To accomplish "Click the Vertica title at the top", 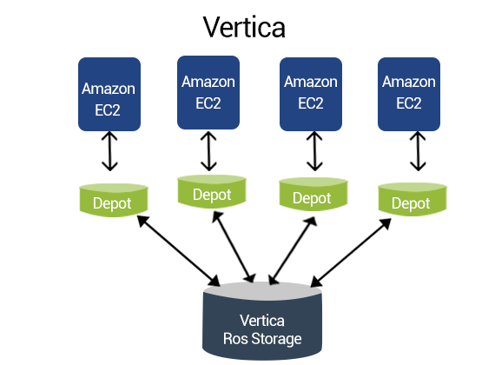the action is tap(244, 27).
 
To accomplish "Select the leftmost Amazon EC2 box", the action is tap(109, 94).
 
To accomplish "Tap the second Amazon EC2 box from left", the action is tap(208, 93).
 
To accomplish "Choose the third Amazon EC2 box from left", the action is tap(311, 94).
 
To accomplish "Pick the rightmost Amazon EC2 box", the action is tap(409, 94).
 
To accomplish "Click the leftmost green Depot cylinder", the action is tap(114, 200).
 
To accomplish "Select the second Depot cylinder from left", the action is tap(212, 192).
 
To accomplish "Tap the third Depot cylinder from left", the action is tap(313, 194).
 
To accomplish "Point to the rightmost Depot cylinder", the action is tap(412, 199).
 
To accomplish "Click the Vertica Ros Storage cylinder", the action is tap(262, 321).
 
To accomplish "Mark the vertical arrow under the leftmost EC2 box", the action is tap(109, 151).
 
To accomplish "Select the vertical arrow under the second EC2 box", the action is tap(208, 151).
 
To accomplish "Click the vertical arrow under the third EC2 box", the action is tap(314, 151).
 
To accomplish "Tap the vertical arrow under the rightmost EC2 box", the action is tap(418, 151).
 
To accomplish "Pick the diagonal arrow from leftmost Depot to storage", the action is tap(179, 250).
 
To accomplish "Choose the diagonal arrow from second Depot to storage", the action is tap(234, 247).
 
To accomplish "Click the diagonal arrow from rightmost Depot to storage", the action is tap(351, 253).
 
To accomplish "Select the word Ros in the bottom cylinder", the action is tap(235, 338).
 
